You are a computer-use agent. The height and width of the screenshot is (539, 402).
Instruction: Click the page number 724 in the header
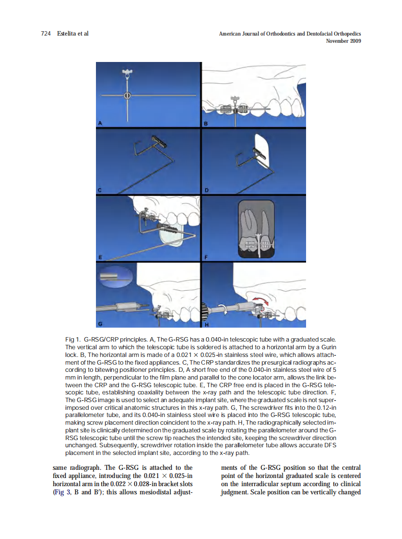pos(46,34)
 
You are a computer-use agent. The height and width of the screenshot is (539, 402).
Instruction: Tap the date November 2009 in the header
pos(343,41)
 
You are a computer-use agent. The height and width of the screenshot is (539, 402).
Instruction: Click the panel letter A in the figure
pos(100,123)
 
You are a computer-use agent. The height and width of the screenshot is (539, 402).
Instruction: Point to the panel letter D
pos(206,190)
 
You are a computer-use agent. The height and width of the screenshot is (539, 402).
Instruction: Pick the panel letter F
pos(206,257)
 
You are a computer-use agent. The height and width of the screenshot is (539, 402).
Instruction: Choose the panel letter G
pos(100,323)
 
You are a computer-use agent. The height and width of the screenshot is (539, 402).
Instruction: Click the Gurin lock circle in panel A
pos(127,96)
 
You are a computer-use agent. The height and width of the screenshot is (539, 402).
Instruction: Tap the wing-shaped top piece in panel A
pos(127,73)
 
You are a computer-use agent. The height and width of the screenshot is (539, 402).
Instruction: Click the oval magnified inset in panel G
pos(115,276)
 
